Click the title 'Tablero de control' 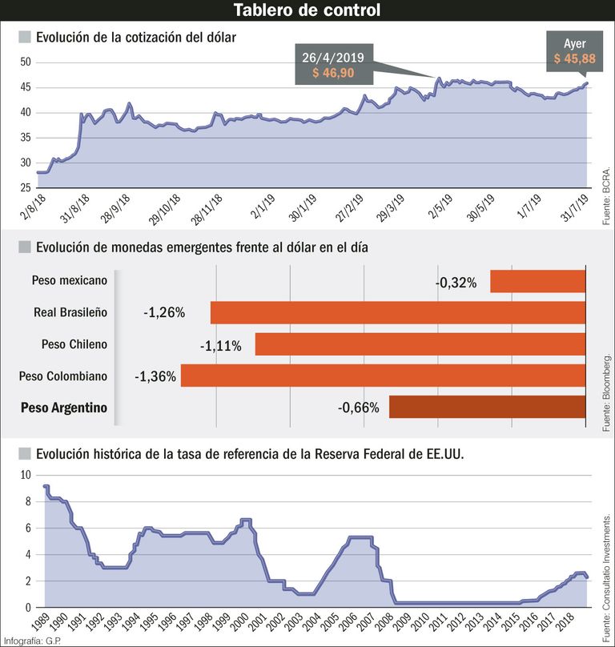307,10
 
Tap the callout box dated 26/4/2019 334,64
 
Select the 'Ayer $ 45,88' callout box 574,51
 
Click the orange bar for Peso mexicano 538,281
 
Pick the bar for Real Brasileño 398,312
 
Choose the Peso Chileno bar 420,344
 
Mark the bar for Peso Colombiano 383,376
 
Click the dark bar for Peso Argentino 487,407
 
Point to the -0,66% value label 358,408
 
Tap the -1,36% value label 155,376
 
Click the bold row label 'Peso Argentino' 64,408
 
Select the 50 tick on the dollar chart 26,62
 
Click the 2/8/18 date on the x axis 33,207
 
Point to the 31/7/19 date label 575,208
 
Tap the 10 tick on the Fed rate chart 26,475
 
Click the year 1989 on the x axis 41,622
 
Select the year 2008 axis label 385,622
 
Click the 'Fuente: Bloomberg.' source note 606,392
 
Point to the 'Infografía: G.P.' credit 32,641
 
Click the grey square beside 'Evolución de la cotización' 25,37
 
